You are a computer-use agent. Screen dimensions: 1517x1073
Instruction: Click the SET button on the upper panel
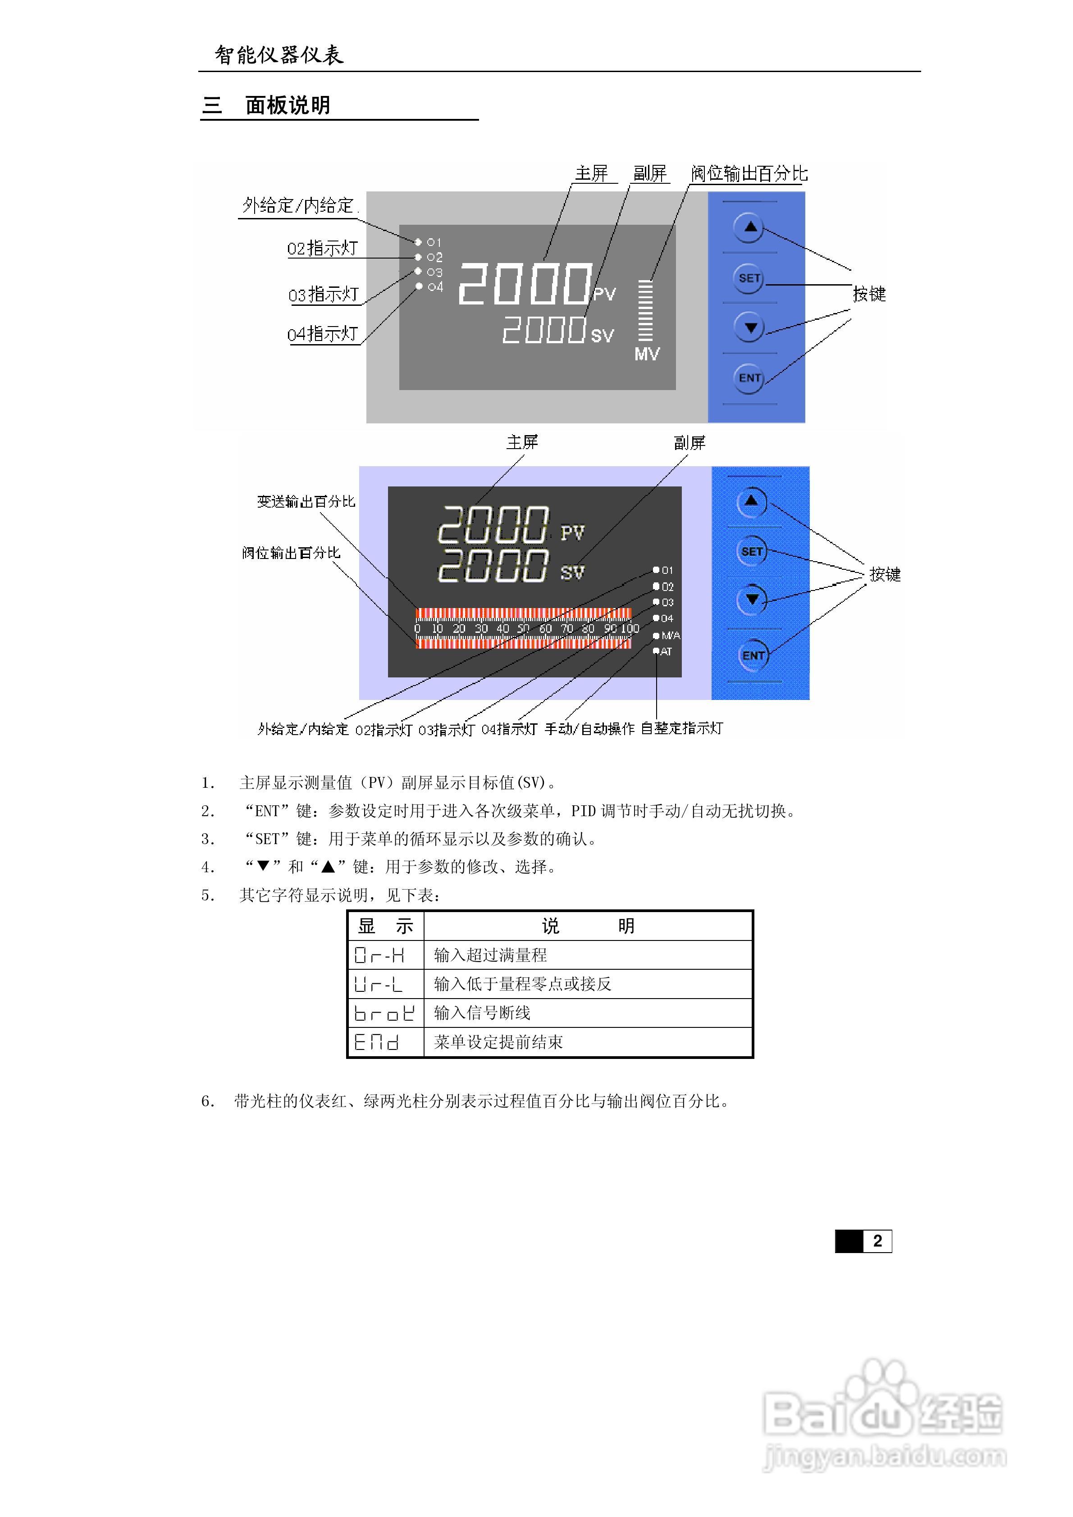click(749, 278)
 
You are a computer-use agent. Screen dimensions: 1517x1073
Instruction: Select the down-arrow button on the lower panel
click(752, 599)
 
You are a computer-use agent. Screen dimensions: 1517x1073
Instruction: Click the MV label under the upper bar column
click(647, 354)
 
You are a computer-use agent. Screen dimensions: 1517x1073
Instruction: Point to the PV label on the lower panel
click(572, 532)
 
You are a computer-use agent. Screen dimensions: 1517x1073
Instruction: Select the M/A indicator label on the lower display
click(671, 636)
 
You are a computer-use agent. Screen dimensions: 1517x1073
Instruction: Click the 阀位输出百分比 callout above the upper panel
click(749, 174)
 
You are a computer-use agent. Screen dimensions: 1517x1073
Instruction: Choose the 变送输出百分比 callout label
click(306, 501)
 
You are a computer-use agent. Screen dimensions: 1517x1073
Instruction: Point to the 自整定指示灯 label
click(682, 728)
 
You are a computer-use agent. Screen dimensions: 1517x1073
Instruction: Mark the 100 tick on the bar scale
click(630, 628)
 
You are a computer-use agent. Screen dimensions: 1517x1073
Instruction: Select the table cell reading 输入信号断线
click(482, 1013)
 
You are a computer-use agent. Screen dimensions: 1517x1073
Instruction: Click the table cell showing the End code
click(377, 1042)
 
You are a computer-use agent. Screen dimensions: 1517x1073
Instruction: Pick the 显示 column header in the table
click(385, 927)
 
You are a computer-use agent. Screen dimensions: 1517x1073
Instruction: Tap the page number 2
click(877, 1241)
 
